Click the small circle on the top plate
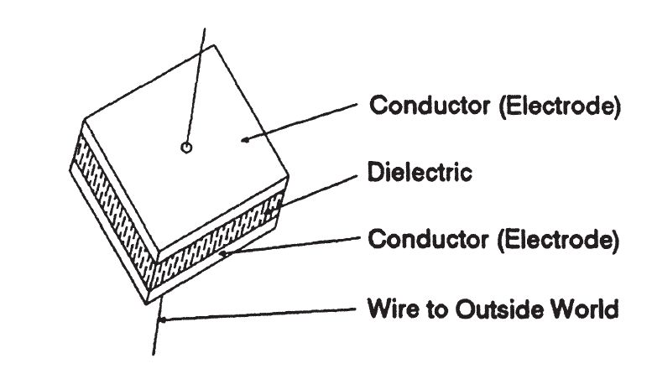pos(186,148)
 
